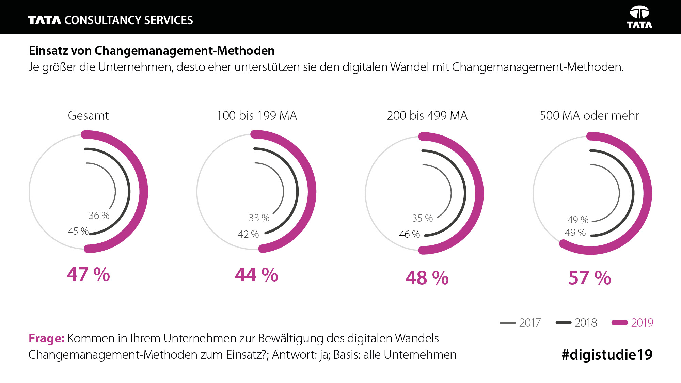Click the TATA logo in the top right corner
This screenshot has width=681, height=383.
point(639,17)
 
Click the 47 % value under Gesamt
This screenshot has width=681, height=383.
point(89,274)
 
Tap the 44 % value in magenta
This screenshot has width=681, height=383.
point(257,275)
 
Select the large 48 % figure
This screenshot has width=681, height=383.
point(427,278)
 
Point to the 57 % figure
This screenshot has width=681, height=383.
point(590,278)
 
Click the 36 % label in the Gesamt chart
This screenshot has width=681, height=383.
point(99,216)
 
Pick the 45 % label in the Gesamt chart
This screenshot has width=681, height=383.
point(78,231)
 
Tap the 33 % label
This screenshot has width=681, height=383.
point(259,218)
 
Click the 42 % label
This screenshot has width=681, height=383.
point(248,234)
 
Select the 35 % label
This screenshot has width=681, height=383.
point(423,218)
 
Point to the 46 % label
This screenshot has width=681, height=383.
point(410,234)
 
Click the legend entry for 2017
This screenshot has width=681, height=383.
point(520,323)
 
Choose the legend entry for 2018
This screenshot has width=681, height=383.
point(576,323)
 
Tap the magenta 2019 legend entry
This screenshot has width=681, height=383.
point(633,323)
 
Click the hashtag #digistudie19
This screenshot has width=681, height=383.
point(607,355)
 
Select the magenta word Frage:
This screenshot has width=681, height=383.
point(47,338)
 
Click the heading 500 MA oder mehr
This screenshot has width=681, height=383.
point(589,116)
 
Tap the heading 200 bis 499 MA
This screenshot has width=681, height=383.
point(427,116)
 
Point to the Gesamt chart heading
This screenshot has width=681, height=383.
point(89,116)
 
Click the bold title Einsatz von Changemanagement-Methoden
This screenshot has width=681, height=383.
point(152,51)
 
